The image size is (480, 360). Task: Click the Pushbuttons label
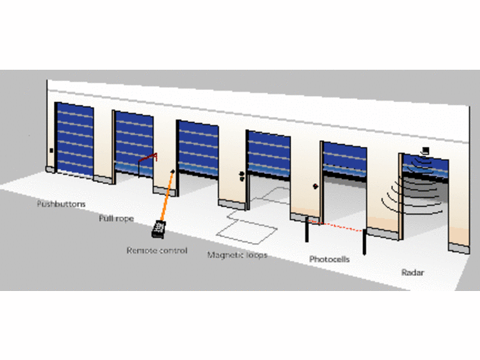61,204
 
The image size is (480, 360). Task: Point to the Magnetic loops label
237,255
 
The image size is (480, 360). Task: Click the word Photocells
331,259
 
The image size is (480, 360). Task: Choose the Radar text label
412,273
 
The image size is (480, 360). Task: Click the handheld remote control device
157,226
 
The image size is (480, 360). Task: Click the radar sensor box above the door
424,150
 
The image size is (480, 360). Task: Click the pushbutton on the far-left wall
52,150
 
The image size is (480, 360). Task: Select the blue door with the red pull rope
133,142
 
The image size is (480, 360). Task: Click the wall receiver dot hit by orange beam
173,172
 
